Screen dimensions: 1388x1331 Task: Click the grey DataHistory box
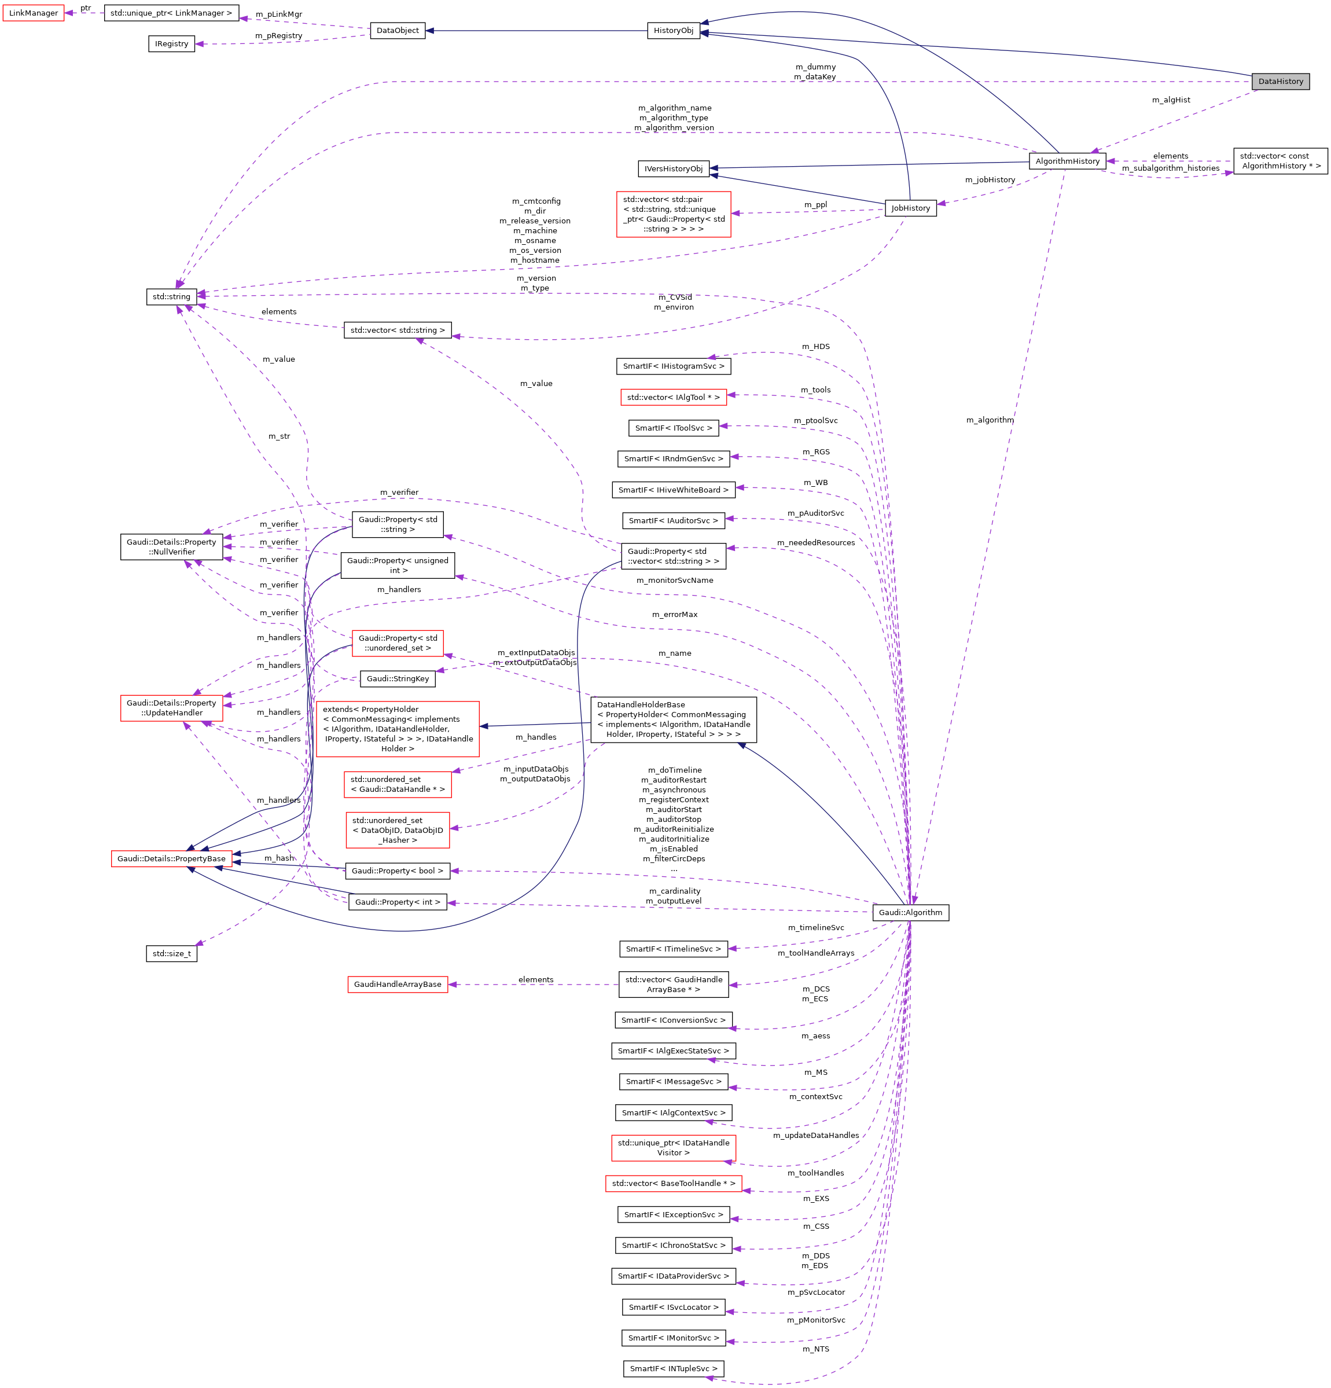[x=1280, y=82]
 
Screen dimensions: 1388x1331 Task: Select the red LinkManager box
[x=34, y=13]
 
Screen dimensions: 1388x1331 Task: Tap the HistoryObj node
[x=673, y=31]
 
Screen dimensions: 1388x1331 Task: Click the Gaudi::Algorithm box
[x=910, y=912]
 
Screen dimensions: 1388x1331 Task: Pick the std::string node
[x=171, y=297]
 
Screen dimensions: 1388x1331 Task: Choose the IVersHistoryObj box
[x=673, y=168]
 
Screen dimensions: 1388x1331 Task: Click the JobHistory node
[x=910, y=208]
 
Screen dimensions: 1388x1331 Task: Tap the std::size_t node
[x=171, y=953]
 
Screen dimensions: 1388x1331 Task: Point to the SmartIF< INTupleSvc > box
[x=673, y=1369]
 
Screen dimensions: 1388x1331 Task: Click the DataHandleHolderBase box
[x=673, y=719]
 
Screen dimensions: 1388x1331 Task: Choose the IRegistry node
[x=171, y=44]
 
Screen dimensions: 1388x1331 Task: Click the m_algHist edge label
[x=1171, y=100]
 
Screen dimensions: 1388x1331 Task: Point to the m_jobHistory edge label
[x=990, y=180]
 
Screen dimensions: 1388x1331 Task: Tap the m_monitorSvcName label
[x=675, y=580]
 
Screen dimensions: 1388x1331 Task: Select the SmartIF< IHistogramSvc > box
[x=673, y=366]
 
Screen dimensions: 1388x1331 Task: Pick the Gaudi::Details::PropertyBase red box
[x=171, y=858]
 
